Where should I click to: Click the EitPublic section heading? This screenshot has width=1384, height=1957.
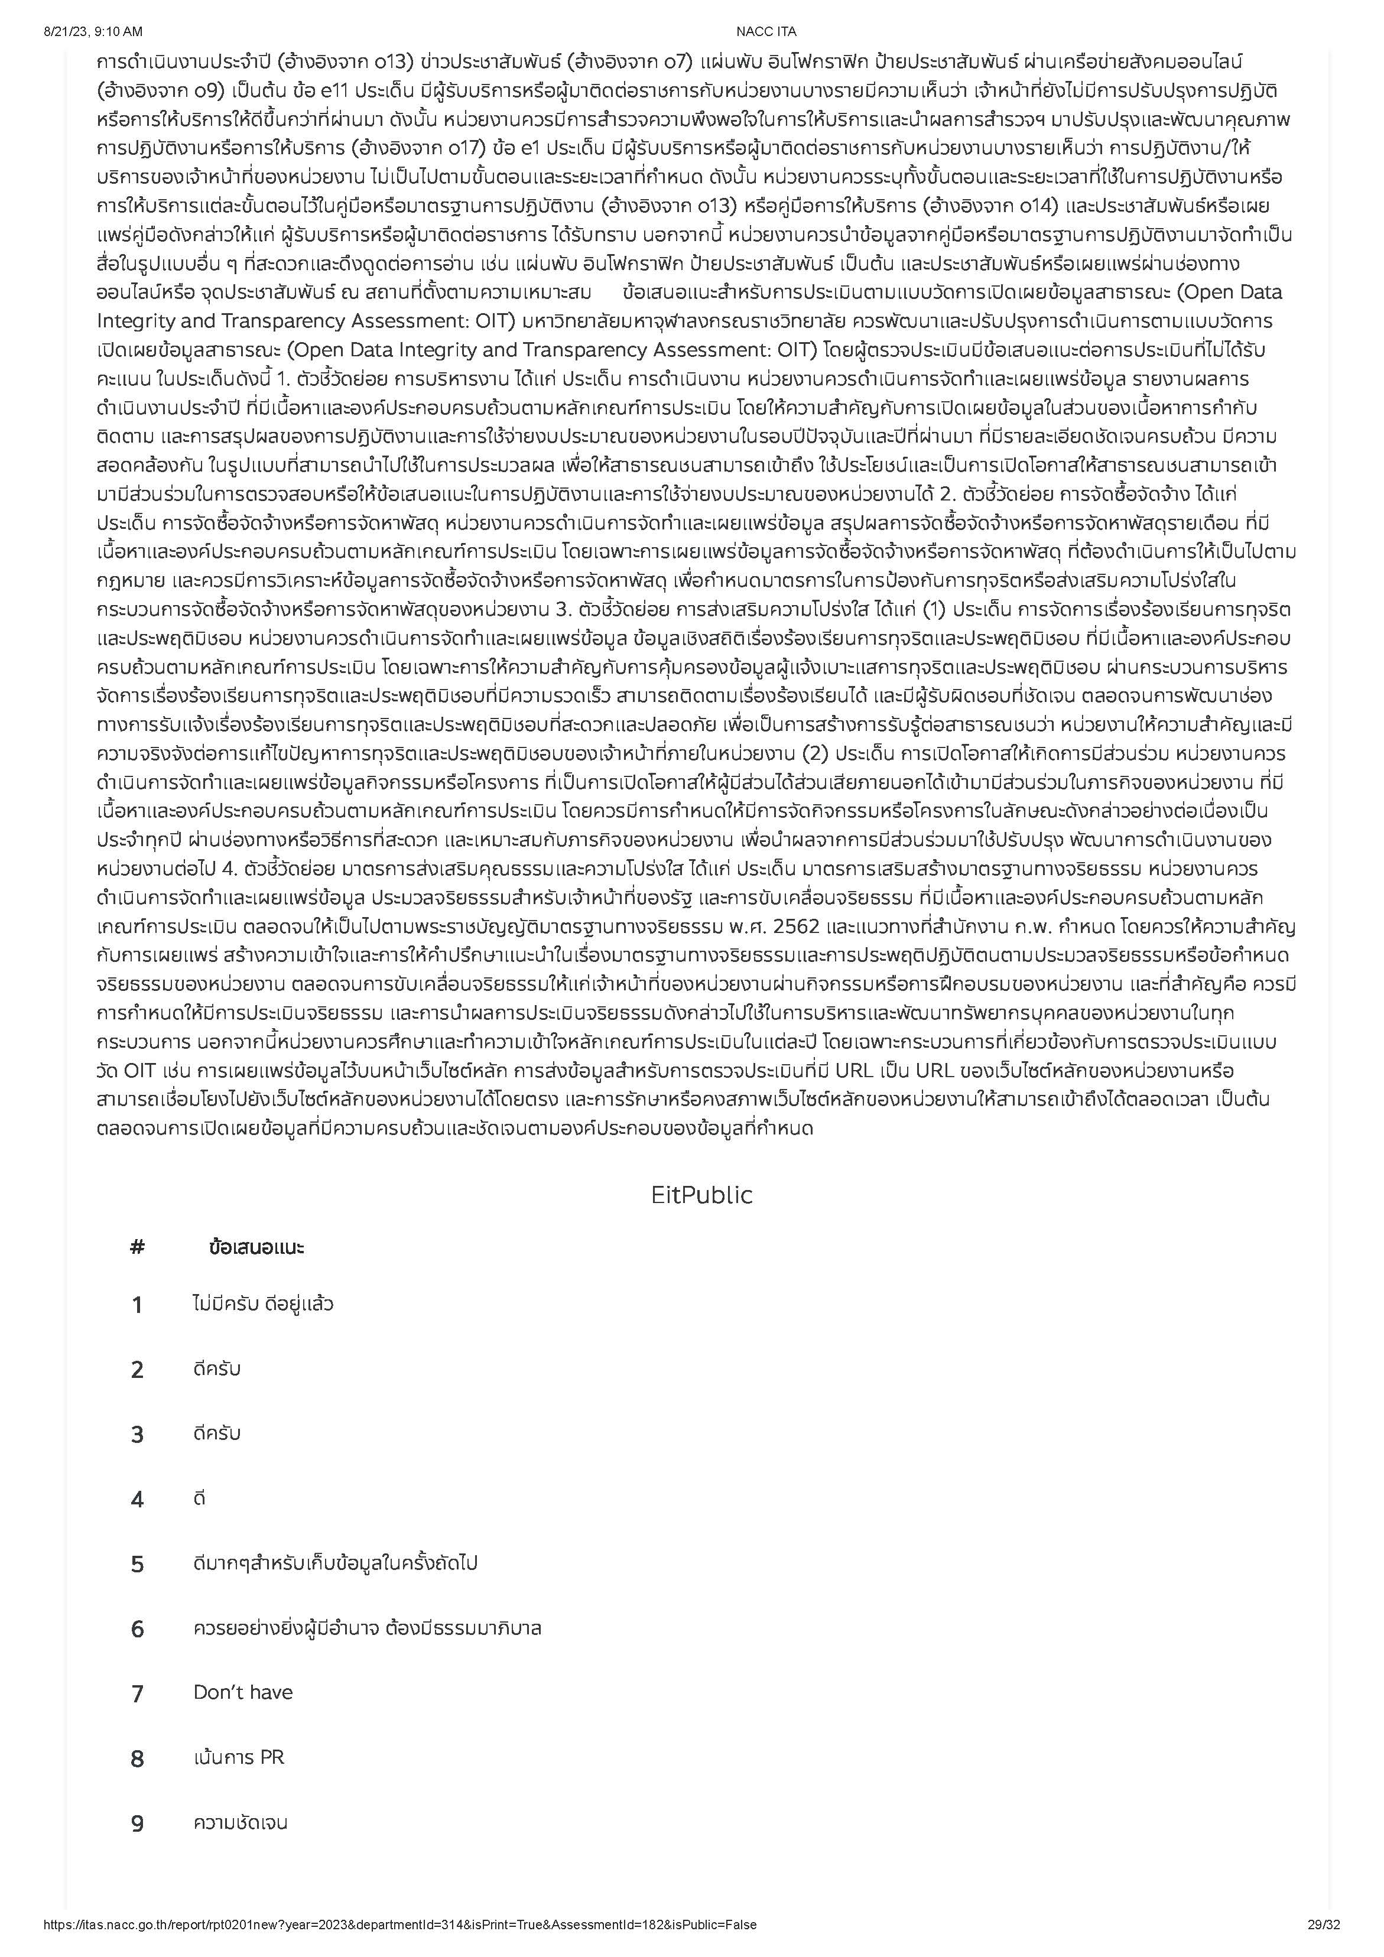pos(701,1195)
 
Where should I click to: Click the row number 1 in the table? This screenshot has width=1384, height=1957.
pos(137,1305)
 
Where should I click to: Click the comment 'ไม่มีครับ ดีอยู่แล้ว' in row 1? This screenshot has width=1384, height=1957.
pos(264,1304)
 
